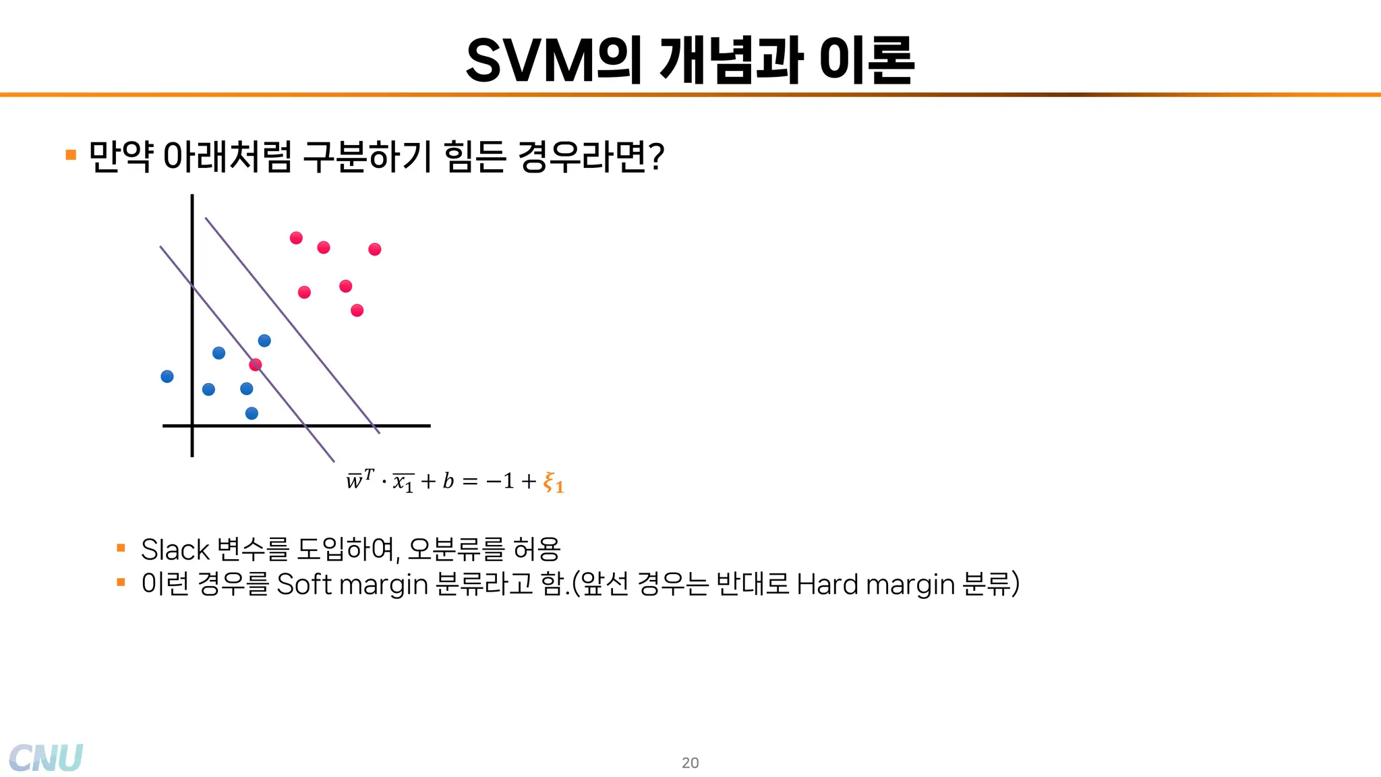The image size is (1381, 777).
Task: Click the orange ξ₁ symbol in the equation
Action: [553, 483]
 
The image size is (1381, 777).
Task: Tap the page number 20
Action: [690, 763]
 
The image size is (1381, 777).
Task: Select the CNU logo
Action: [46, 758]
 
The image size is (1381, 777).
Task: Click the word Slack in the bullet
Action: [175, 550]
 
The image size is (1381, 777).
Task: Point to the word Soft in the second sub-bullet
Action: [305, 584]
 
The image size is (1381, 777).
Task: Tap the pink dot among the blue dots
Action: [255, 365]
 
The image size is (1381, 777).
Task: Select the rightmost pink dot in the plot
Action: [375, 250]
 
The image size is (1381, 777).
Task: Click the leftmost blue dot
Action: [167, 376]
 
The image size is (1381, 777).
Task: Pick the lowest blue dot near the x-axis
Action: [252, 413]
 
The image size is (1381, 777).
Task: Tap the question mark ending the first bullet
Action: [657, 157]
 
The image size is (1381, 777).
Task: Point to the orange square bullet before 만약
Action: [71, 155]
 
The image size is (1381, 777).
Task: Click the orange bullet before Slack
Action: [121, 548]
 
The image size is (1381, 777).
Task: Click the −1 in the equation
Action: [500, 481]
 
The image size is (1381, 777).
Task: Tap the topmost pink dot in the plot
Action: [296, 238]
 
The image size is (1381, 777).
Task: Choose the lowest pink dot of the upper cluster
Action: [357, 310]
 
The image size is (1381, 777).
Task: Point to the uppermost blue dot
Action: [264, 341]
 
